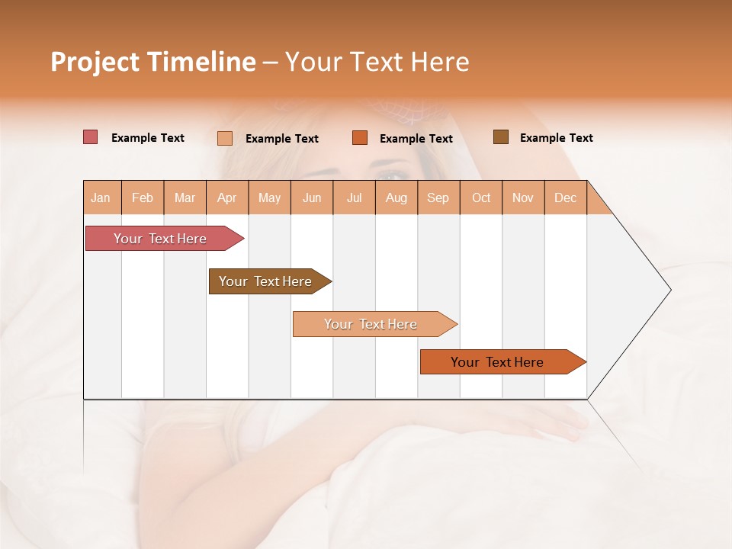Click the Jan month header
click(101, 197)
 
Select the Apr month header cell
click(227, 197)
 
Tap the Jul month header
click(354, 197)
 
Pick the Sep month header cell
click(438, 197)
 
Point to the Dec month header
click(565, 197)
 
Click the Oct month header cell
click(481, 197)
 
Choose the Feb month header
click(143, 197)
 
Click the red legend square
click(91, 137)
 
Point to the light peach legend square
click(225, 138)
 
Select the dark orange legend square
click(360, 138)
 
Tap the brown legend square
click(501, 137)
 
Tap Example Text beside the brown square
click(556, 138)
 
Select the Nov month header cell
click(523, 197)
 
